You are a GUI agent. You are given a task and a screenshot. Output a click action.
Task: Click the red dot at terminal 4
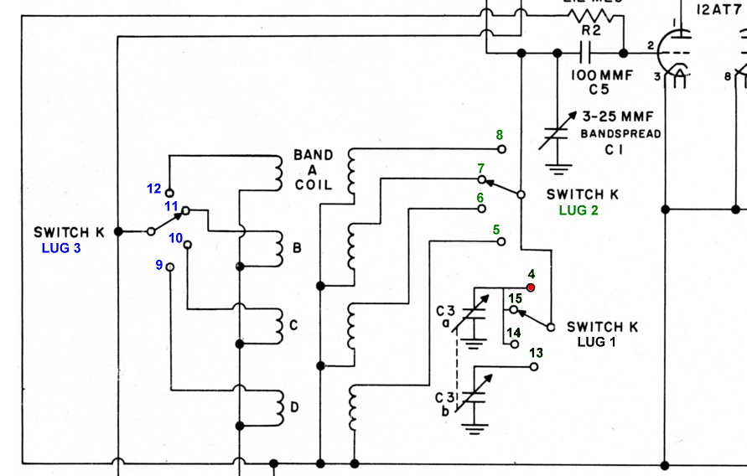coord(530,288)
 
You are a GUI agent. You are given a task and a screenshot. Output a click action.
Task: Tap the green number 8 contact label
coord(499,135)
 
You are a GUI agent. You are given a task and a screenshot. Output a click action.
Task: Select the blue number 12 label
coord(153,189)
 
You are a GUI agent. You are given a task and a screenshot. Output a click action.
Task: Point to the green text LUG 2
coord(578,210)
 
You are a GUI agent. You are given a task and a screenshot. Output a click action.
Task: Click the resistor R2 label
coord(592,30)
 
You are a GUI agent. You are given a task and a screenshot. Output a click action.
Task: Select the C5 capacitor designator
coord(597,89)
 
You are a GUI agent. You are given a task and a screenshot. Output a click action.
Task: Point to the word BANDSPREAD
coord(621,134)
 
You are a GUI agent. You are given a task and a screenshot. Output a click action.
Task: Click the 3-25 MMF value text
coord(617,116)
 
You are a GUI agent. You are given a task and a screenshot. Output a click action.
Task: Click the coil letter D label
coord(294,408)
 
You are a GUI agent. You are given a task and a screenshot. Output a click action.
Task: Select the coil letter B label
coord(296,249)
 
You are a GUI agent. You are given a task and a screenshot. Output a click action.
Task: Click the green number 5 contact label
coord(495,229)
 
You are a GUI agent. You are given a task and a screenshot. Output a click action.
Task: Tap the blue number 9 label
coord(158,266)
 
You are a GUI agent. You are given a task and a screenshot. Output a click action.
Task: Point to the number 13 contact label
coord(536,353)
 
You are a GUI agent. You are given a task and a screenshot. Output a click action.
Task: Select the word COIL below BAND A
coord(312,186)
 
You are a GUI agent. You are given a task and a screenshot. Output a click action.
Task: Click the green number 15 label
coord(515,297)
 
